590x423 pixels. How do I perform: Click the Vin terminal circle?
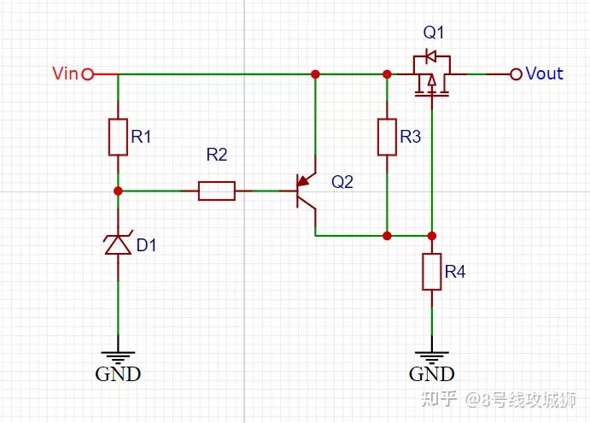[88, 74]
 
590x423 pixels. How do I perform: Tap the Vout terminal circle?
[517, 74]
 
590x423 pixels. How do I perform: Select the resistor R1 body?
[118, 137]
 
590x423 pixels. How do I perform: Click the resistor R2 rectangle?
[217, 191]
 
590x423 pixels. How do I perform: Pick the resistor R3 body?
[387, 137]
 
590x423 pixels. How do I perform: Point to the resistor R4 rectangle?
[431, 272]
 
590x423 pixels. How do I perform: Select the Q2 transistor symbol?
[306, 191]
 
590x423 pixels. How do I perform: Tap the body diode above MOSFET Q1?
[430, 56]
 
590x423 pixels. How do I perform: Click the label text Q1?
[434, 32]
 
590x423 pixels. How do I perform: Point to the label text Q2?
[342, 182]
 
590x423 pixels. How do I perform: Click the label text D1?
[146, 245]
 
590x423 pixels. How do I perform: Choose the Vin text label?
[65, 73]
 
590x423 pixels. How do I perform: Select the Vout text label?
[544, 73]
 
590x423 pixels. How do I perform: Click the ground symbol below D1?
[118, 358]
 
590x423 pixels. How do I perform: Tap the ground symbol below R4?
[431, 358]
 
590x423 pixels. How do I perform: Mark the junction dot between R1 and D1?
[118, 191]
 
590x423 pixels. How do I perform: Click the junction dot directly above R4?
[431, 236]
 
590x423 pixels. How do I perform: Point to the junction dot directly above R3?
[387, 74]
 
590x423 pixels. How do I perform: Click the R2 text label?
[217, 155]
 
